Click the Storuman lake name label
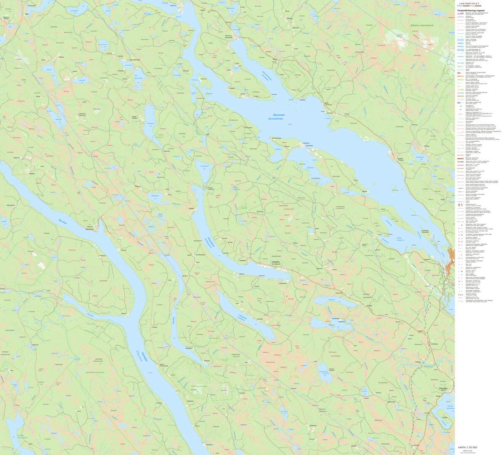click(279, 115)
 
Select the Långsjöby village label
click(266, 266)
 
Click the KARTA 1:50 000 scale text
click(467, 447)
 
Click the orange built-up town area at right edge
click(451, 255)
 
